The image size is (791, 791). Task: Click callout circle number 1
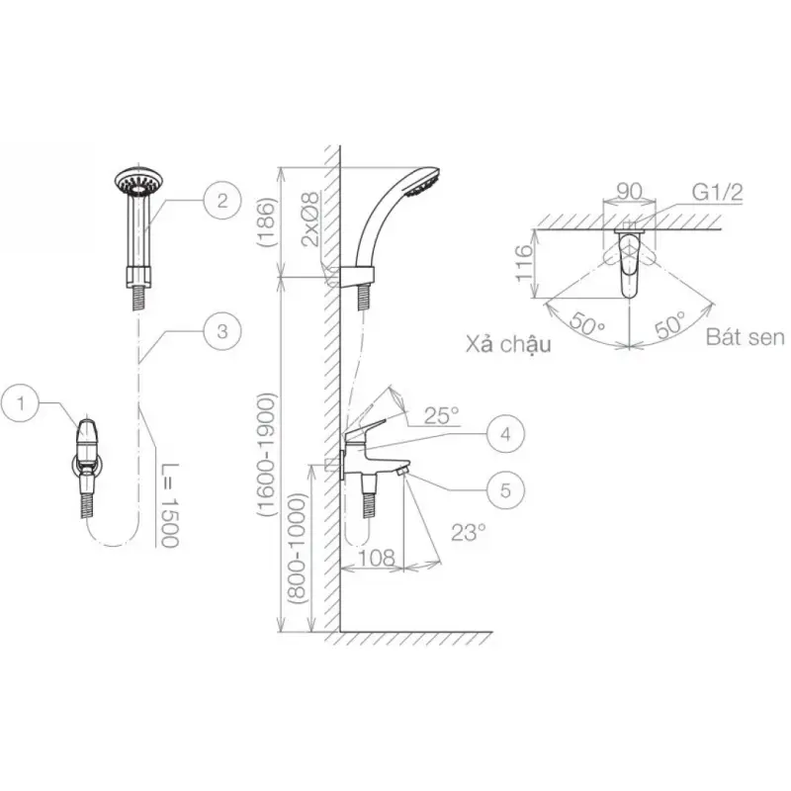tap(20, 403)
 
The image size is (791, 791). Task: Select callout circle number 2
tap(222, 201)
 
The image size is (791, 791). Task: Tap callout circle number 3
tap(222, 331)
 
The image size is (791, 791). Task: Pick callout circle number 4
tap(506, 434)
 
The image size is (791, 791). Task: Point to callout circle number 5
tap(506, 489)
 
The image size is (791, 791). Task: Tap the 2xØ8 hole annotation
tap(309, 219)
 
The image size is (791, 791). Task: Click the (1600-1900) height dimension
tap(267, 455)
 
